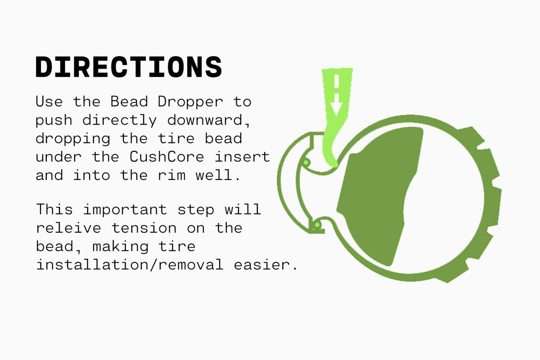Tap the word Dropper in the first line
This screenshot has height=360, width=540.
click(x=190, y=102)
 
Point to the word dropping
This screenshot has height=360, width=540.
click(x=73, y=138)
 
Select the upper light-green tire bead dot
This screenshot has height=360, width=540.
click(x=306, y=162)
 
